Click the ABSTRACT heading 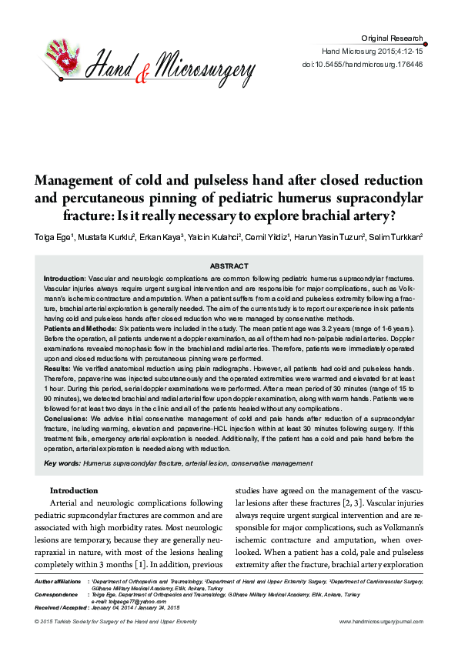click(229, 266)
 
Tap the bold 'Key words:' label click(62, 463)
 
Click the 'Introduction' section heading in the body click(74, 490)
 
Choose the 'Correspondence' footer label click(55, 595)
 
